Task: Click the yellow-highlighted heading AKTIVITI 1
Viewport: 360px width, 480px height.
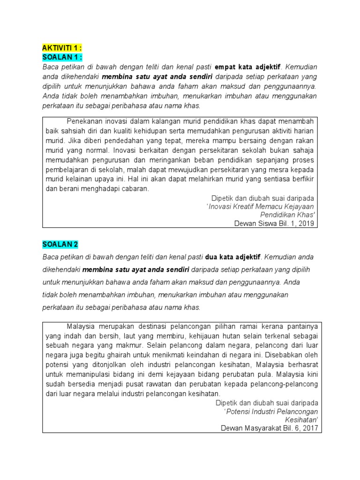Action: click(x=62, y=49)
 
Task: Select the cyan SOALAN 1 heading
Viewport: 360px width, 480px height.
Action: click(x=62, y=57)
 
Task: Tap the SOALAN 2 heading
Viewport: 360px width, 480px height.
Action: click(x=60, y=244)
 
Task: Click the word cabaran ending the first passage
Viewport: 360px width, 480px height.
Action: click(x=135, y=188)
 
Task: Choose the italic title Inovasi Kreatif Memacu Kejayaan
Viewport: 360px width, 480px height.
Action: click(x=261, y=206)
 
